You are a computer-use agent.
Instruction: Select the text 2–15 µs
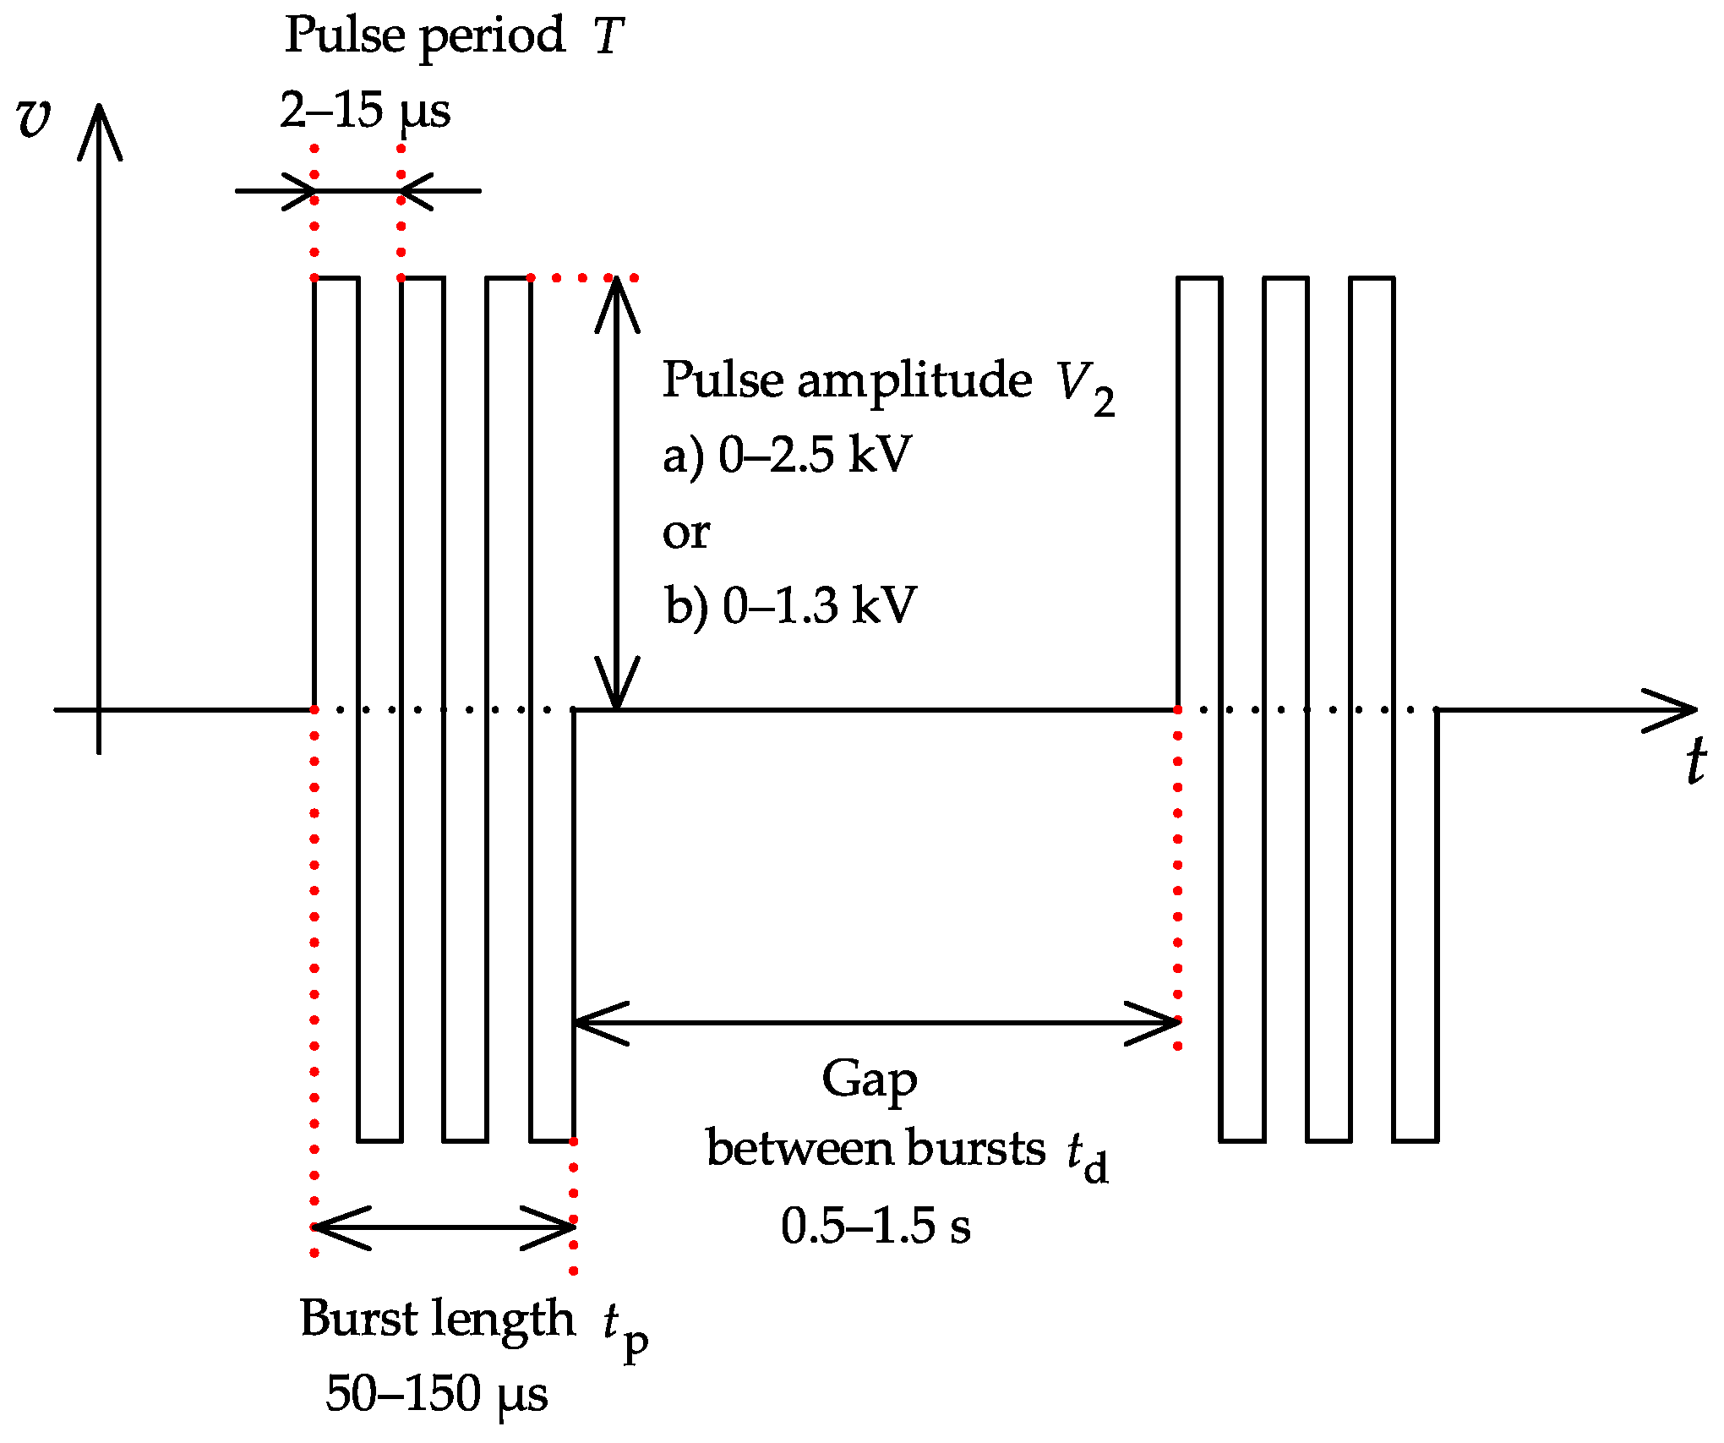364,111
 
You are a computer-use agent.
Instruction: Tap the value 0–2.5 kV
815,455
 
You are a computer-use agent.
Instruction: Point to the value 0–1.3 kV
819,605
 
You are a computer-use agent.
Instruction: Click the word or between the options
685,533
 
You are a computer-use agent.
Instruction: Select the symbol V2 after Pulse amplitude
1084,386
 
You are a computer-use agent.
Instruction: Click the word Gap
869,1080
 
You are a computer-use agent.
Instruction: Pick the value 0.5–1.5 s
876,1226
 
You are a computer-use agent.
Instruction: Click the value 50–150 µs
436,1393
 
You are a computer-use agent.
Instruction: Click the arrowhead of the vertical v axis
100,127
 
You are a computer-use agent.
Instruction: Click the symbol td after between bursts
1086,1156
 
